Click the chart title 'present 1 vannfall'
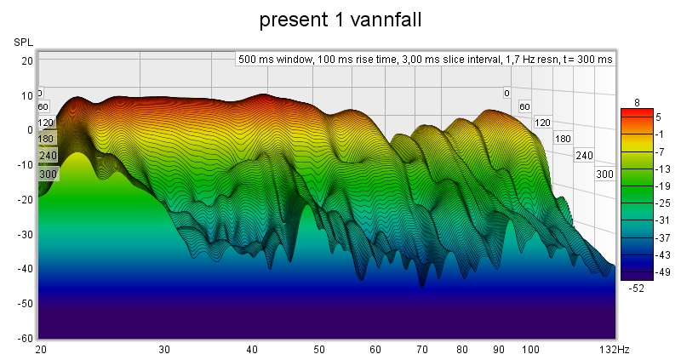[340, 18]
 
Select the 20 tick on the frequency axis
[40, 350]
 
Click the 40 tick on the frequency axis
[251, 350]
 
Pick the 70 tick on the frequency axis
[421, 350]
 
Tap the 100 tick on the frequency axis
[530, 350]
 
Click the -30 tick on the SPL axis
[26, 234]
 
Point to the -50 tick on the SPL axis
[26, 303]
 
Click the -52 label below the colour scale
[636, 288]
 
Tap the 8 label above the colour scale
[636, 102]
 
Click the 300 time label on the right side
[604, 174]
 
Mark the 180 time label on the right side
[562, 138]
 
